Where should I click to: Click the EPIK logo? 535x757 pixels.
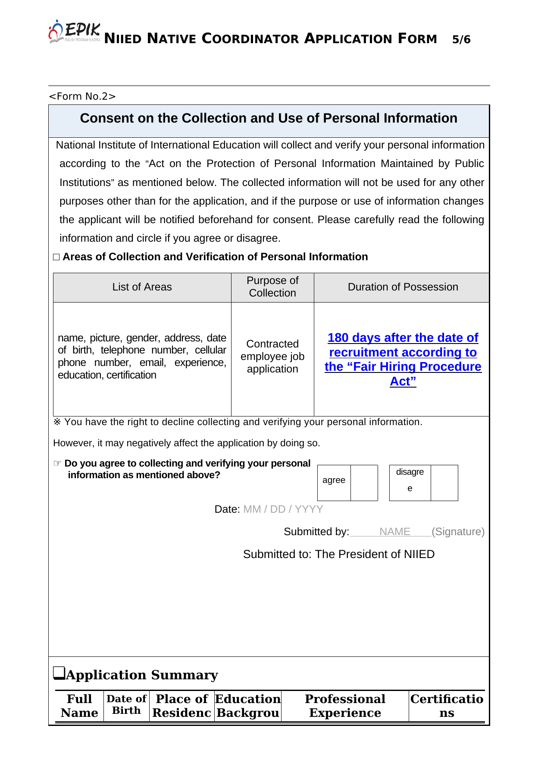[75, 32]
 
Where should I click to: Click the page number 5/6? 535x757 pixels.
[461, 40]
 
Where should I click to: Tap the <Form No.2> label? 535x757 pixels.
[82, 96]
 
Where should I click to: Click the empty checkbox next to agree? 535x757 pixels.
[364, 483]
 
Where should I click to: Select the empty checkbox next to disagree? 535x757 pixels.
[444, 483]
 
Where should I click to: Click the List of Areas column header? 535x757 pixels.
[142, 287]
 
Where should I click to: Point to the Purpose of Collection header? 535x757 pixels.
[272, 287]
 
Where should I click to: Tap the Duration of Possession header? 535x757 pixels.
[403, 287]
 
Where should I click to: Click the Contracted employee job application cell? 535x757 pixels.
[272, 356]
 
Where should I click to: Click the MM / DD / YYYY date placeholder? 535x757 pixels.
[283, 509]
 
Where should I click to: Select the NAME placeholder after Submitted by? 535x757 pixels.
[394, 532]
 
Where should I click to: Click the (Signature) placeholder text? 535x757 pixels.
[458, 532]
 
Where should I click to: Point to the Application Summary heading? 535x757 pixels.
[142, 675]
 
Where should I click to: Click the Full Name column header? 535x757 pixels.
[79, 706]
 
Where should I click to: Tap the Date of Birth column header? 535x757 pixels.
[126, 705]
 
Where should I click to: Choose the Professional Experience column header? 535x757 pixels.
[345, 706]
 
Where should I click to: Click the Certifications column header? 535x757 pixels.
[447, 706]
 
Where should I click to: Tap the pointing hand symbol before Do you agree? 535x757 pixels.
[57, 464]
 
